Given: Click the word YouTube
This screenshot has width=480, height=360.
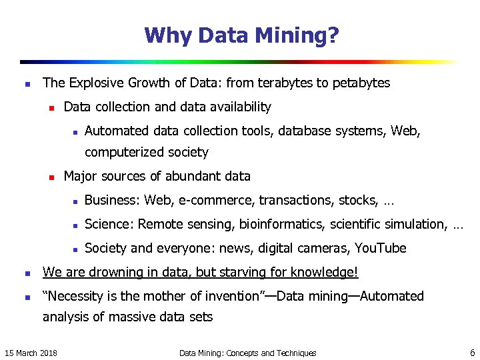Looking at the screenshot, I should (x=380, y=249).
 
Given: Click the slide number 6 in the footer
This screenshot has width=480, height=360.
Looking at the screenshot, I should (x=472, y=353).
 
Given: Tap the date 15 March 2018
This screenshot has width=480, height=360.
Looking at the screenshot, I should (x=31, y=353).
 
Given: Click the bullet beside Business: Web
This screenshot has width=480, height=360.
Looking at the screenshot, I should (x=76, y=201).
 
